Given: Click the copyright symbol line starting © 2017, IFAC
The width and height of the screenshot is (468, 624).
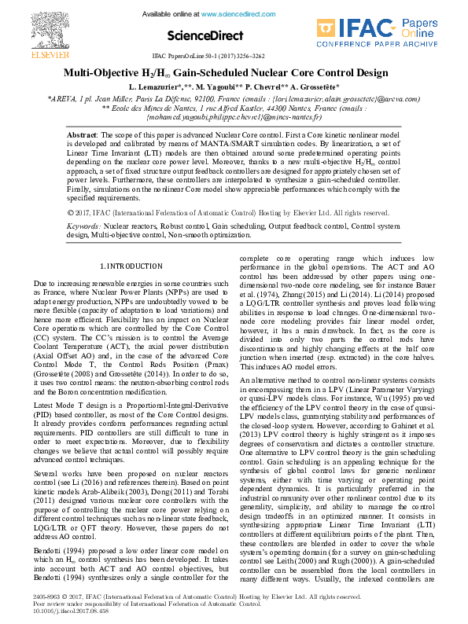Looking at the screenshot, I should [x=228, y=212].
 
